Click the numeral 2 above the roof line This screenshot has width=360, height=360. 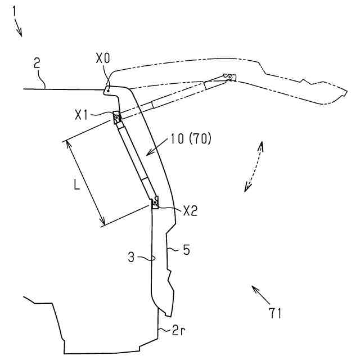coord(37,62)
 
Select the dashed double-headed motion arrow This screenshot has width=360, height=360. coord(253,166)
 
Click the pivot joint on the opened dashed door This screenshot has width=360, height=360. coord(227,76)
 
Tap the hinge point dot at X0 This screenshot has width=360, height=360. coord(108,88)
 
